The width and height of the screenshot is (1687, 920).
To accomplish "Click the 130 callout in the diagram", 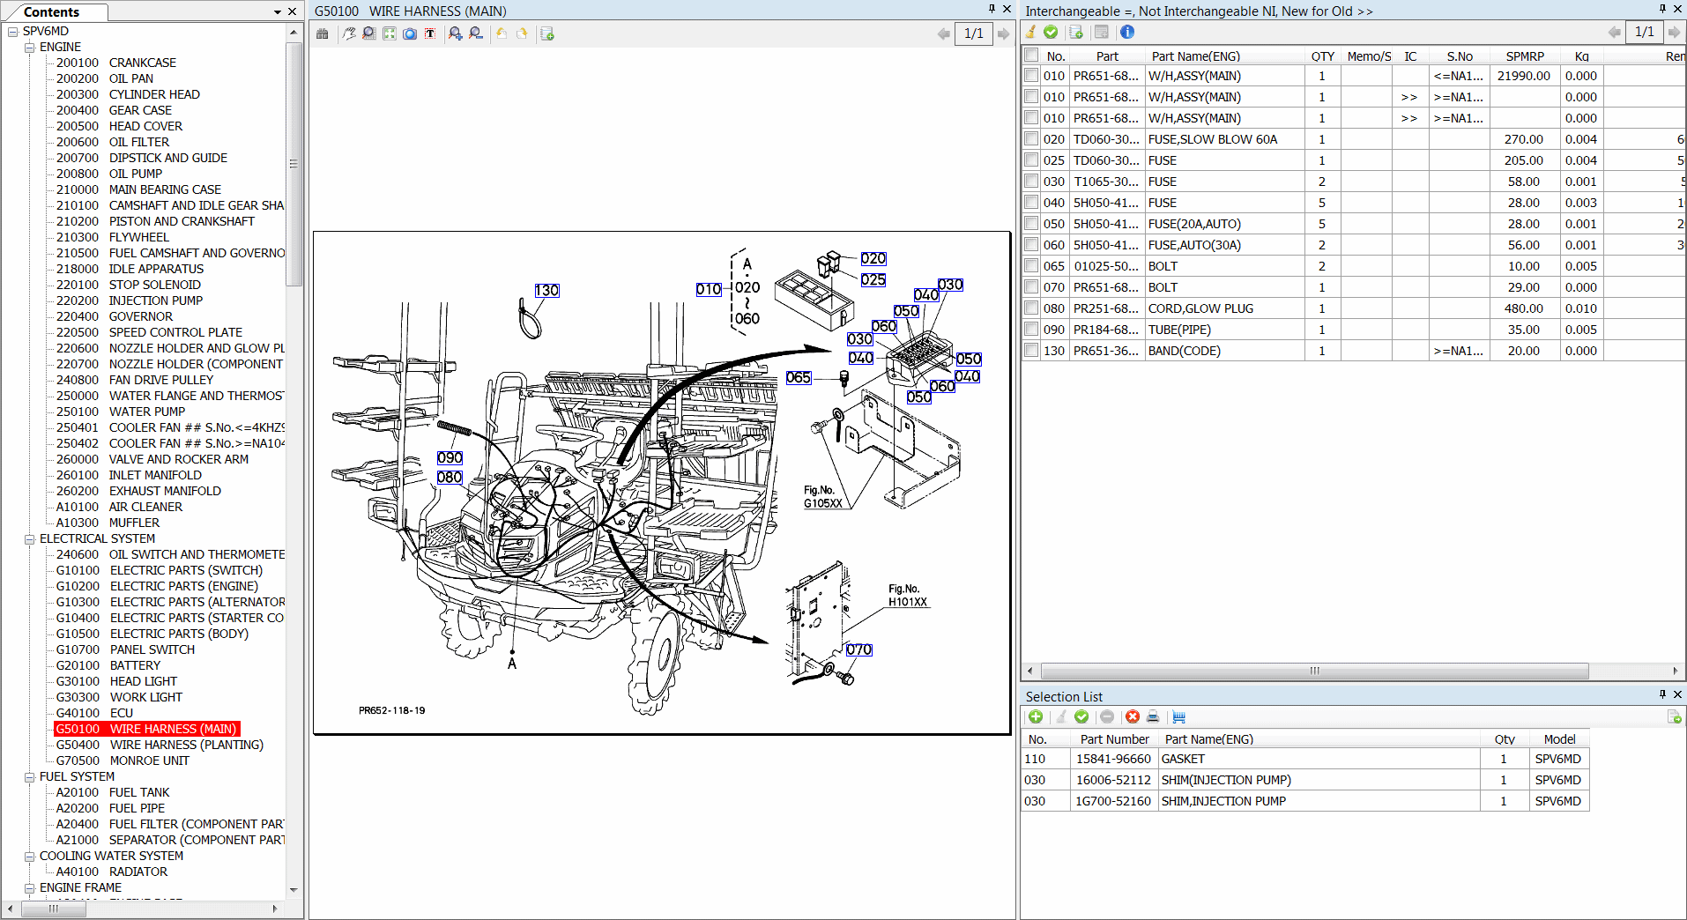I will (546, 291).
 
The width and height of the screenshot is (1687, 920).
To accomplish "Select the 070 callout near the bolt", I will (858, 650).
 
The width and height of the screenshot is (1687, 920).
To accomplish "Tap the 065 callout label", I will (798, 377).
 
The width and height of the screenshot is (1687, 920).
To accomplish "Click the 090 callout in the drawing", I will (450, 458).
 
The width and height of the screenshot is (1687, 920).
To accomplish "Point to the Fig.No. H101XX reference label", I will (907, 596).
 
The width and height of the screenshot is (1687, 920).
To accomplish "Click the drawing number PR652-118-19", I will (391, 710).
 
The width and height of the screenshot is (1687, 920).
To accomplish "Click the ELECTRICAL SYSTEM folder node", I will (97, 538).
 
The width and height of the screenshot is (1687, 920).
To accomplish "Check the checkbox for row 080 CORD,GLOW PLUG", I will (1031, 308).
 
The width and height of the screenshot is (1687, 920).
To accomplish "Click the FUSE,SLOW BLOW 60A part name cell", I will (1212, 139).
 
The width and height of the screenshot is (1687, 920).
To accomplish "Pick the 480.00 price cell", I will (1523, 308).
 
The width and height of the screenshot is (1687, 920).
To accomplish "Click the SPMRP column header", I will (1524, 56).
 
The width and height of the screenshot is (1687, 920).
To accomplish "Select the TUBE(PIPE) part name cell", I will (1178, 330).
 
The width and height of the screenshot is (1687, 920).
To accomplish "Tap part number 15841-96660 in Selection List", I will (1112, 759).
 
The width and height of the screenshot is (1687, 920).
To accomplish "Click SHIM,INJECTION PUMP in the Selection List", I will (1223, 801).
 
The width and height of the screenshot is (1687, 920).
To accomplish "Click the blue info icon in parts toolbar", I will (1126, 33).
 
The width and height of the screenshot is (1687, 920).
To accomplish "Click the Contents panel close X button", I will (293, 11).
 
